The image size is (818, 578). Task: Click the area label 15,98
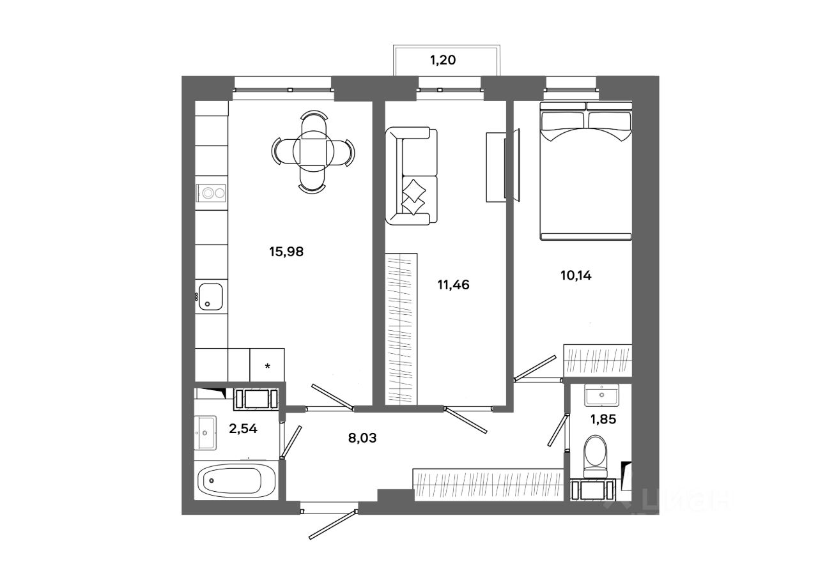point(286,252)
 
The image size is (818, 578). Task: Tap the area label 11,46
point(453,285)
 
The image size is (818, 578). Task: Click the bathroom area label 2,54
point(243,429)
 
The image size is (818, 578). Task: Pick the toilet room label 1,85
point(603,421)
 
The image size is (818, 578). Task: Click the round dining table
point(314,151)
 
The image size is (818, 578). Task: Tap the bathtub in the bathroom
point(236,480)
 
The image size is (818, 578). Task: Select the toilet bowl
point(598,455)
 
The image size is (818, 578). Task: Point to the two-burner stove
point(212,192)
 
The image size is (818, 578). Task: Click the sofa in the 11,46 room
point(412,176)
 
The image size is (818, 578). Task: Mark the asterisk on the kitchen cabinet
point(268,366)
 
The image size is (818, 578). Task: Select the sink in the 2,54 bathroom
point(206,434)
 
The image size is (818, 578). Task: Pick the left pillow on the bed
point(562,119)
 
